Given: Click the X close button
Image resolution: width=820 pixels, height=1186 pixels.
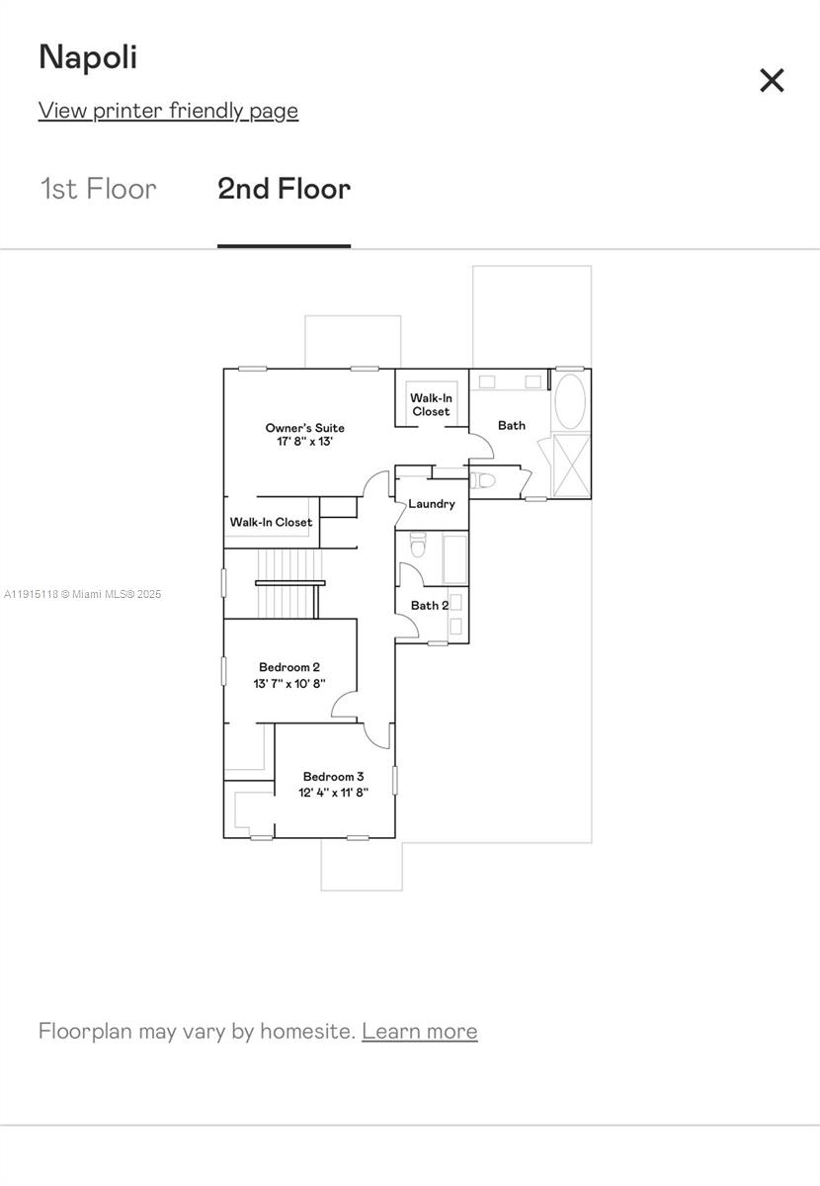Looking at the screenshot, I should pyautogui.click(x=772, y=80).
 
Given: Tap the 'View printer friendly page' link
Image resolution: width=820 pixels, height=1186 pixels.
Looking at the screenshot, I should pyautogui.click(x=168, y=110).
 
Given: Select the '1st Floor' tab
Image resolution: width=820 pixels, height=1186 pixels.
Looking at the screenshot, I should pyautogui.click(x=98, y=189).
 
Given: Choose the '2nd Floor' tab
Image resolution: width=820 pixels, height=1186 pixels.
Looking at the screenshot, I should pyautogui.click(x=284, y=189).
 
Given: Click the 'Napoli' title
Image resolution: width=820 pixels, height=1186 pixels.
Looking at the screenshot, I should pyautogui.click(x=88, y=57).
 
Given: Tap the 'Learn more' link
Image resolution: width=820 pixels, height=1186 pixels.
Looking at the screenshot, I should pyautogui.click(x=419, y=1031).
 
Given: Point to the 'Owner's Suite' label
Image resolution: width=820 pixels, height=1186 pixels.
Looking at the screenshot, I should pyautogui.click(x=304, y=428).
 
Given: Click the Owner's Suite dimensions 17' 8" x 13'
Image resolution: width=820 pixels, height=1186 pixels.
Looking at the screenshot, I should pyautogui.click(x=304, y=442).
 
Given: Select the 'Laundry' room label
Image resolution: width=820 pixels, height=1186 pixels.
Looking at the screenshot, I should pyautogui.click(x=432, y=504).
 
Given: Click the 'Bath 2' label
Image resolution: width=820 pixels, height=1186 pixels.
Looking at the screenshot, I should pyautogui.click(x=430, y=605).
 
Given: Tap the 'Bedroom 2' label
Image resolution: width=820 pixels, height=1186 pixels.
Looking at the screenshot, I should pyautogui.click(x=288, y=667).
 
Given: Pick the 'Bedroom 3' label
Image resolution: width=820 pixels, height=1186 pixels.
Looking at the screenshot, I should pyautogui.click(x=333, y=777).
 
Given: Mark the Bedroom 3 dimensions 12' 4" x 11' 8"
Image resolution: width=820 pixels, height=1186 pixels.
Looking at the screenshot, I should pyautogui.click(x=333, y=792).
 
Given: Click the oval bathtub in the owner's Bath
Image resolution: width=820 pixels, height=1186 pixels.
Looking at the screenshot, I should pyautogui.click(x=570, y=400).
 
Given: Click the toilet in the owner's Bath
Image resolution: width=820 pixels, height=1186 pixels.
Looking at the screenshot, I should pyautogui.click(x=481, y=480).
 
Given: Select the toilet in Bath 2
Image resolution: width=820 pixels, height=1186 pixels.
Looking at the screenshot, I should pyautogui.click(x=418, y=545).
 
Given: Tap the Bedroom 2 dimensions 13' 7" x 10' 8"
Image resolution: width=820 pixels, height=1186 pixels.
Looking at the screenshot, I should pyautogui.click(x=288, y=683).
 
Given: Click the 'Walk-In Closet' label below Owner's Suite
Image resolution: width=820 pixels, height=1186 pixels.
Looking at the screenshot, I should pyautogui.click(x=271, y=522).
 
